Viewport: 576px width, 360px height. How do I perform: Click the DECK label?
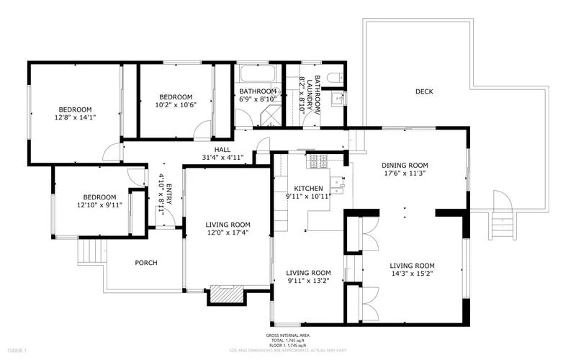(x=424, y=91)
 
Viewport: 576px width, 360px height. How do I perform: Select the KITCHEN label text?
(x=308, y=188)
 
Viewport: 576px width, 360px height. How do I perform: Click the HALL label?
(x=222, y=149)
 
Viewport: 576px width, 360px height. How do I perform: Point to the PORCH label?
(x=146, y=262)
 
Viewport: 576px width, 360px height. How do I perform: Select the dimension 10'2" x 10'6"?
(x=176, y=105)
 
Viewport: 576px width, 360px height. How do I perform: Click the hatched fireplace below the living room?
(x=227, y=294)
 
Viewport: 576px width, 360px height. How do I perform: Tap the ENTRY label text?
(x=165, y=195)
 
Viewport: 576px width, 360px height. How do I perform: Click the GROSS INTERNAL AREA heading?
(x=287, y=336)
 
